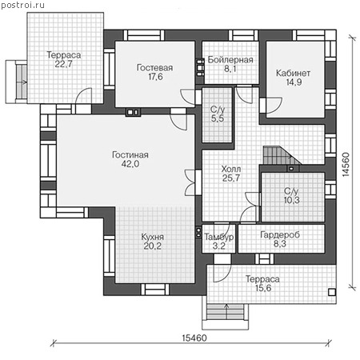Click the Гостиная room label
point(130,155)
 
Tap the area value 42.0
point(130,164)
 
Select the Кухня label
point(153,237)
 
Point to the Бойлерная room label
point(230,60)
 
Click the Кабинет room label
point(293,73)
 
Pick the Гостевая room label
point(154,68)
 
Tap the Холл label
point(231,169)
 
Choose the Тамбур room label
point(219,237)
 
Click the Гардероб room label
point(280,234)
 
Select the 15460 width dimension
point(194,338)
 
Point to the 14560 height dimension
point(346,164)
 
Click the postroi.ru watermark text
point(22,6)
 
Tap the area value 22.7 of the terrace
point(64,64)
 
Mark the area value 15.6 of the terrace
point(263,288)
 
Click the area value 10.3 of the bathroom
point(292,200)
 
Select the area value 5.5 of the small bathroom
point(218,118)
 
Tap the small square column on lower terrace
point(332,292)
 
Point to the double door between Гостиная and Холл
point(190,182)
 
